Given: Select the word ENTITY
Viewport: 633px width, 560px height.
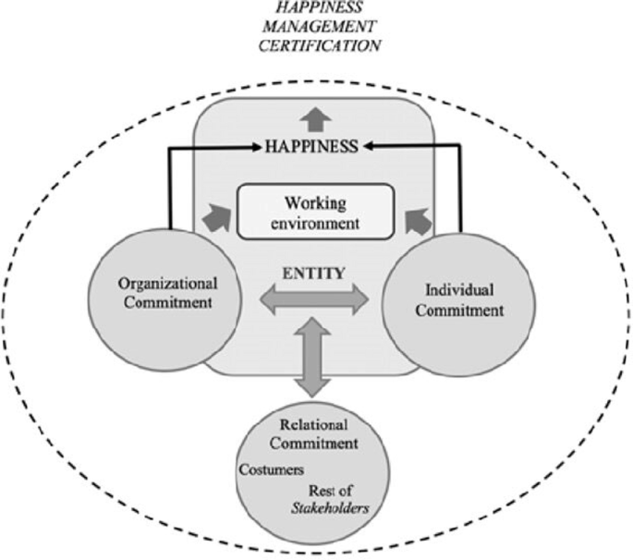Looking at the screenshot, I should (x=316, y=273).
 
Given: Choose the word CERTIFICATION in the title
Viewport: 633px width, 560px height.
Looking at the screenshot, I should (x=317, y=44).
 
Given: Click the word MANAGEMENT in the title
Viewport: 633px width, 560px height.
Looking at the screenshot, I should (x=316, y=27).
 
